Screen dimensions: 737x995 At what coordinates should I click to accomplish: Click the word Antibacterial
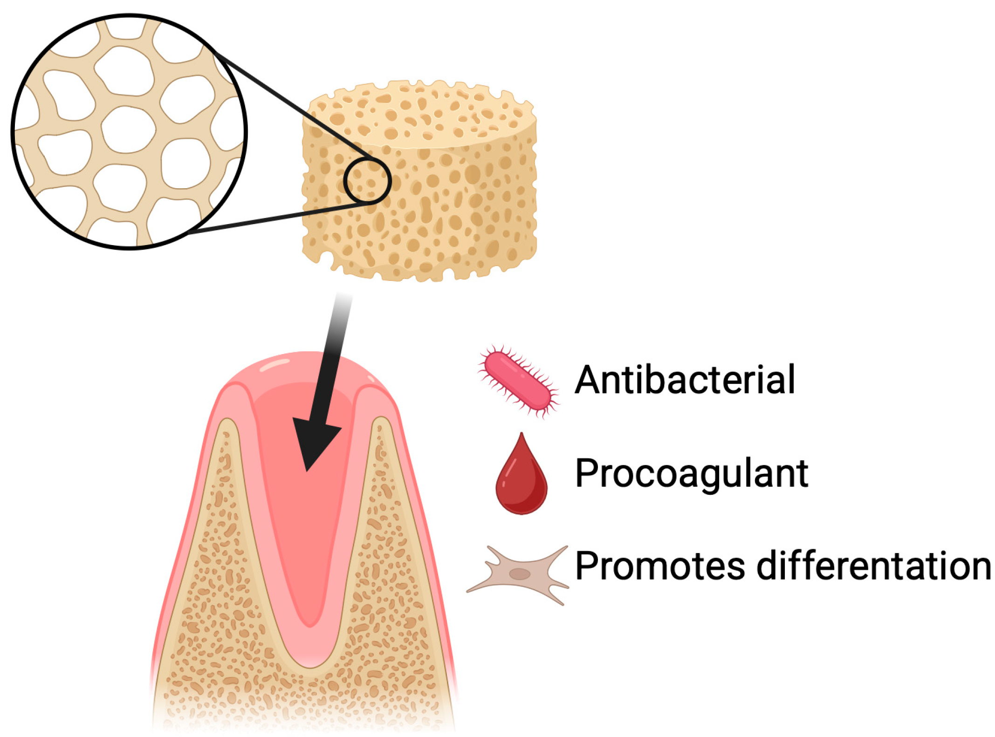[684, 380]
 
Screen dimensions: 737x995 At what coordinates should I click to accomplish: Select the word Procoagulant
[691, 474]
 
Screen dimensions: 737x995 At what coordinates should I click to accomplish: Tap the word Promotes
[659, 566]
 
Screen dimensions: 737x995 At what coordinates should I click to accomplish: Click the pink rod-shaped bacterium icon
[517, 381]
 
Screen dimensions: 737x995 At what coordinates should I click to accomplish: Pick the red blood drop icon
[521, 482]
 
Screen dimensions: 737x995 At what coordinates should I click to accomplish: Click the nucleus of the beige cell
[519, 574]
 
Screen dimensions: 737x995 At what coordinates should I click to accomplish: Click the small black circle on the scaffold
[367, 181]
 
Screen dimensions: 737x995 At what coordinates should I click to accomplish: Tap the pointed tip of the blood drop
[522, 436]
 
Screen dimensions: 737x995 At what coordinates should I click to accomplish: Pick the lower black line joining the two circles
[280, 217]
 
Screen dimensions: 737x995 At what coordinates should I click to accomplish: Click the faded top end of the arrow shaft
[344, 298]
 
